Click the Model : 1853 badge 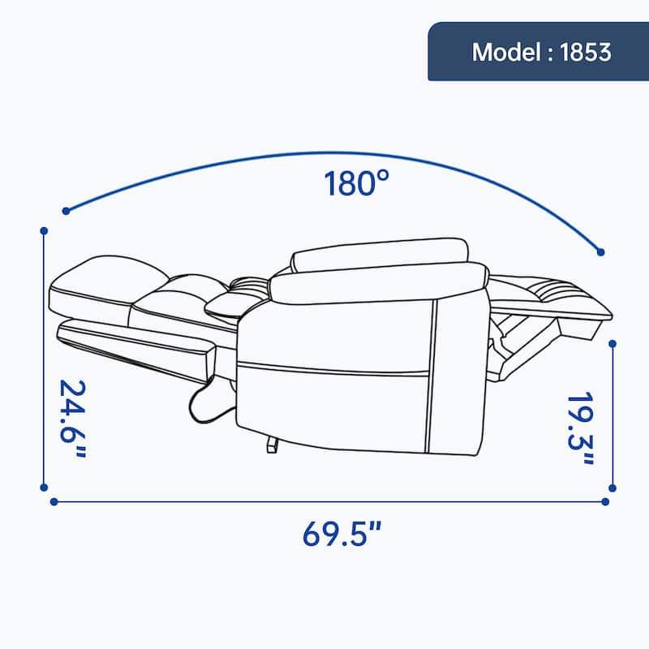[x=538, y=52]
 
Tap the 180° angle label [x=352, y=184]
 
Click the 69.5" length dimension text [x=342, y=535]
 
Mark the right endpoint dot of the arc [x=600, y=252]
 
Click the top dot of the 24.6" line [x=42, y=230]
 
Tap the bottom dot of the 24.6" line [x=42, y=488]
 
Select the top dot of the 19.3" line [x=612, y=343]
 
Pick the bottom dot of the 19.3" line [x=612, y=488]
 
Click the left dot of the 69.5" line [x=54, y=501]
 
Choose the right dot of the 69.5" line [x=604, y=501]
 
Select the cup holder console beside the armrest [x=231, y=302]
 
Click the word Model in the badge [x=502, y=52]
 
